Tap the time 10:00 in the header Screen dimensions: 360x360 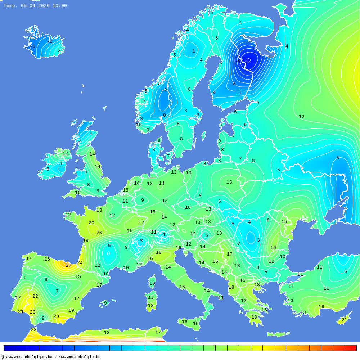click(59, 6)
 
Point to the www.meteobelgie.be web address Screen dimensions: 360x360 click(80, 357)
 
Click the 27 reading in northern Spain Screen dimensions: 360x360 click(68, 265)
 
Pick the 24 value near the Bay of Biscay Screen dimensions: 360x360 click(80, 263)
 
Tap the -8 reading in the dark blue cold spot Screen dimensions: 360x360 click(238, 61)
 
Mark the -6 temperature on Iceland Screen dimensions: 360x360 click(33, 46)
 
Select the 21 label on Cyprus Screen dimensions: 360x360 click(344, 320)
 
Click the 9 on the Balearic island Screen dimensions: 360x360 click(105, 303)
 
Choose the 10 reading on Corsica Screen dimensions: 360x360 click(152, 283)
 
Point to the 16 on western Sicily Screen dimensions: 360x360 click(184, 322)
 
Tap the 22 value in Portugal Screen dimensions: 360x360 click(35, 296)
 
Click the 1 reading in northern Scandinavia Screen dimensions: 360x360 click(193, 51)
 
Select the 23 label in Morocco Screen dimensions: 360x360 click(33, 330)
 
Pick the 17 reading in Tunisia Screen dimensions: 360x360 click(158, 333)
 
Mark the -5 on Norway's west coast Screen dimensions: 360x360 click(145, 91)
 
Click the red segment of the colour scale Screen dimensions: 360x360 click(351, 348)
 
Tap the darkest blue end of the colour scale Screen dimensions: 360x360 click(9, 348)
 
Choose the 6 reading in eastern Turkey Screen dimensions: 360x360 click(345, 271)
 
